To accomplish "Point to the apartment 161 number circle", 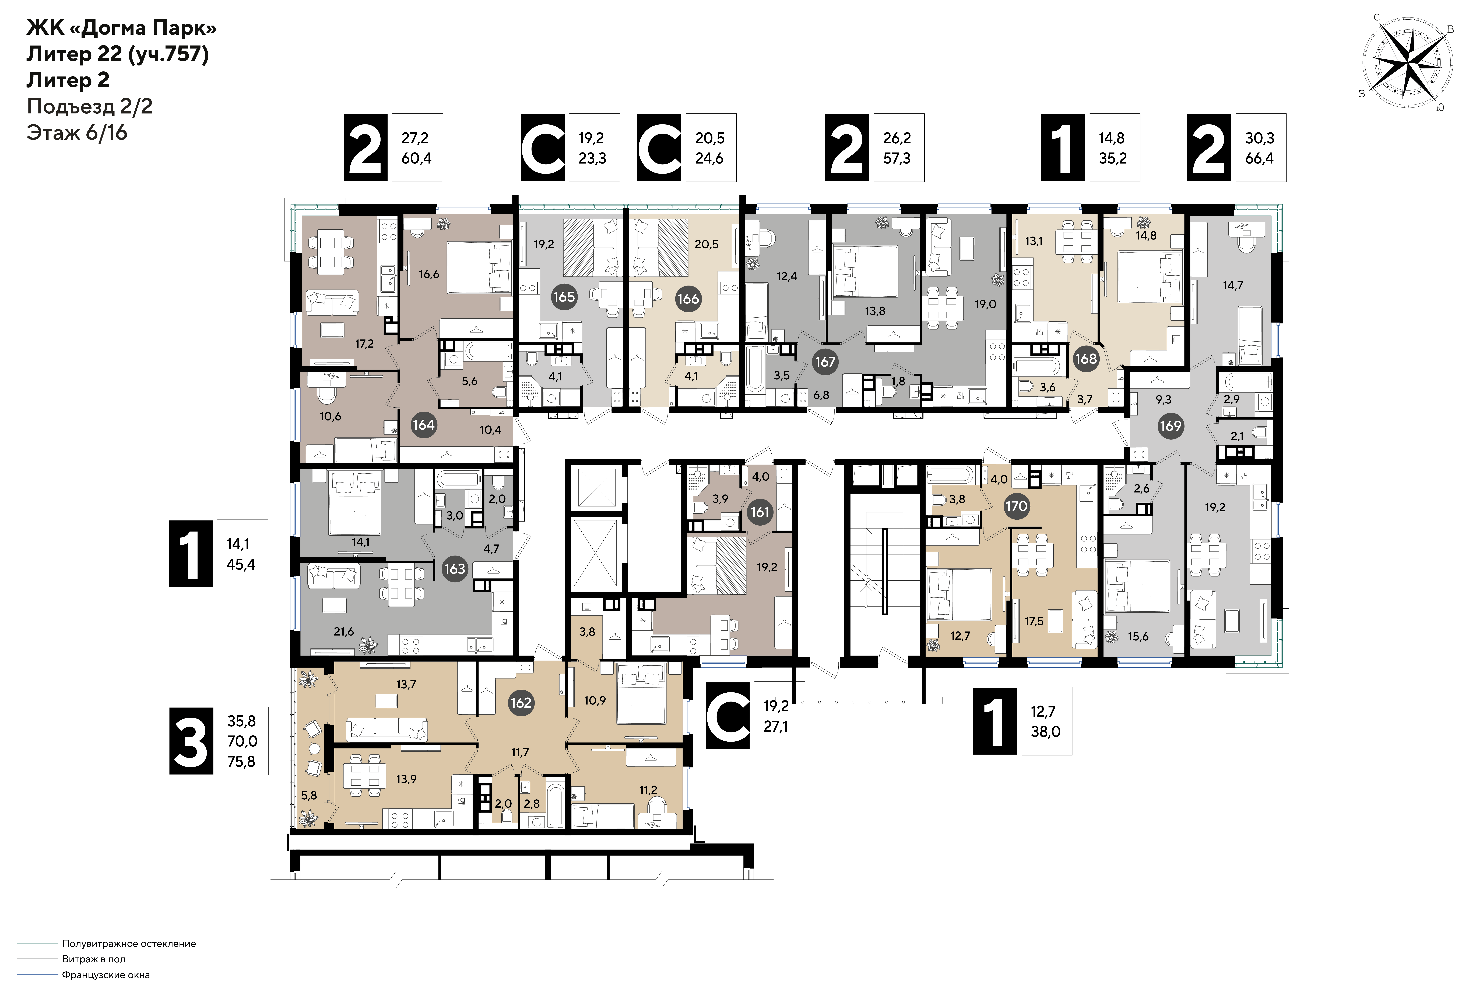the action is coord(760,512).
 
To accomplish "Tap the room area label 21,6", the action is coord(344,632).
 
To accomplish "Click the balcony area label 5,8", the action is coord(309,795).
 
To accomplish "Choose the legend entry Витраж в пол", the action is coord(93,959).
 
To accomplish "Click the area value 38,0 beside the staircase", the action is coord(1045,732).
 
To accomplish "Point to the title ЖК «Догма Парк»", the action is coord(121,29).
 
